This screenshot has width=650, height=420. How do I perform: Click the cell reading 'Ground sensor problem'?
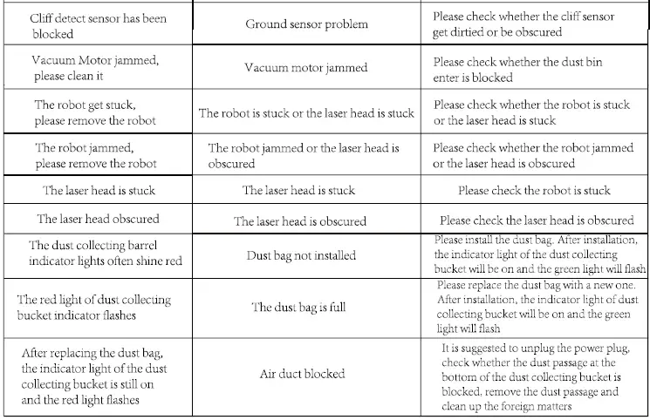[x=307, y=24]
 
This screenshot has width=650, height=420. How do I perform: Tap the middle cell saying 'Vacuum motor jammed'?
[x=305, y=68]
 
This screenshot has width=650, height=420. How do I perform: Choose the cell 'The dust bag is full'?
[x=298, y=307]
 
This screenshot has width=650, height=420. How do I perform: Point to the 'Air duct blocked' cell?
[x=302, y=374]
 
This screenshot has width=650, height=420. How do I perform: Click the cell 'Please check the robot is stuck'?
[x=533, y=190]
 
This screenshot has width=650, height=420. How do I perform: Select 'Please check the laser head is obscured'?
[x=536, y=220]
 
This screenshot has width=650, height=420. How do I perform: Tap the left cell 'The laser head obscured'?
[x=98, y=219]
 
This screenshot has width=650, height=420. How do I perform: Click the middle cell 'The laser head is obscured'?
[x=299, y=221]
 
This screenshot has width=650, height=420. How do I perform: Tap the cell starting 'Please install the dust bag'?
[x=537, y=254]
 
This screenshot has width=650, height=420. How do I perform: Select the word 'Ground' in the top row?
[x=263, y=24]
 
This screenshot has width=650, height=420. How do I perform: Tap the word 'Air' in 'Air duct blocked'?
[x=269, y=374]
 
